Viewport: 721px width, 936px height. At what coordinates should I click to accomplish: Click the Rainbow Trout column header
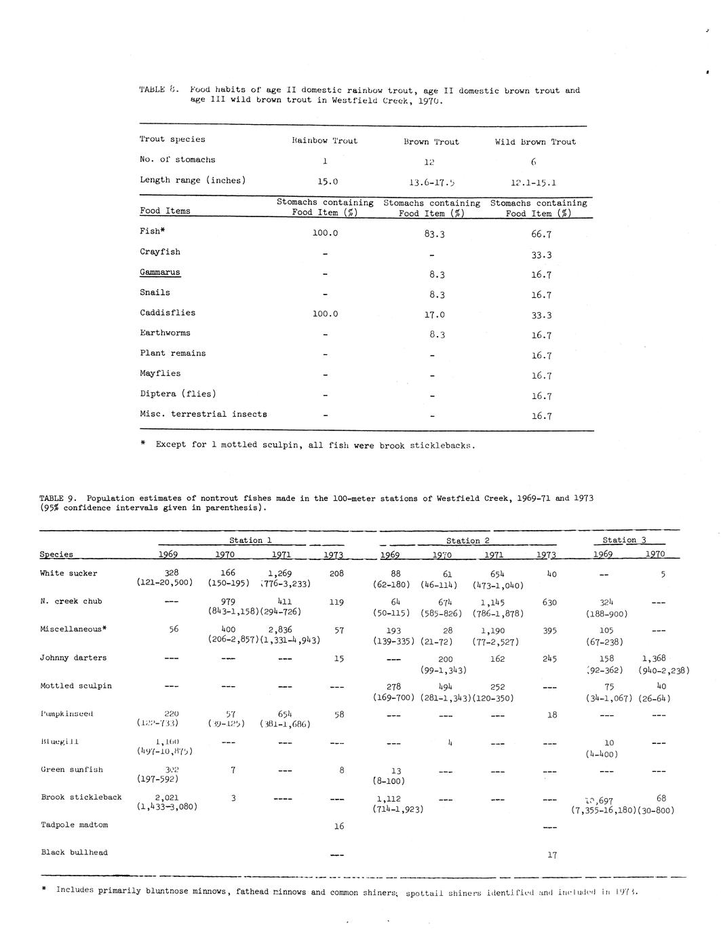[324, 141]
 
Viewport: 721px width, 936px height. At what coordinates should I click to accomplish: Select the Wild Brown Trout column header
[535, 142]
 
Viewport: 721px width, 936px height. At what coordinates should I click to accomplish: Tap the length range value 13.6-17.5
[431, 182]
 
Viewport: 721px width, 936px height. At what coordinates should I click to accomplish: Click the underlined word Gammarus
[160, 272]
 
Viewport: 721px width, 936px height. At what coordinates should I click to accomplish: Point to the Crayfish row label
[160, 252]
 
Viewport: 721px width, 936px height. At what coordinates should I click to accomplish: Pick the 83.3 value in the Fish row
[431, 234]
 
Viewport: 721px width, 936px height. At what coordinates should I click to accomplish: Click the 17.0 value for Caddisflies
[431, 315]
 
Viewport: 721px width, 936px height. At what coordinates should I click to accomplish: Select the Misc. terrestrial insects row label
[203, 414]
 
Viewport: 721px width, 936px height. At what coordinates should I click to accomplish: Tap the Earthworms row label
[165, 333]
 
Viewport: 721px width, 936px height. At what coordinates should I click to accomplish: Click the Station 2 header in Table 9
[467, 541]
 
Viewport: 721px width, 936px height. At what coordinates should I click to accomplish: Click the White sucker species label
[69, 574]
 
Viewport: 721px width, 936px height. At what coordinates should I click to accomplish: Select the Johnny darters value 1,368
[653, 658]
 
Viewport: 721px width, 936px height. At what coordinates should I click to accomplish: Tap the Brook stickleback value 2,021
[167, 798]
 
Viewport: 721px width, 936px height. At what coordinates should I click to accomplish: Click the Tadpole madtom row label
[74, 825]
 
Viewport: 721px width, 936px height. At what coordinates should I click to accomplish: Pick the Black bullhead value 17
[552, 855]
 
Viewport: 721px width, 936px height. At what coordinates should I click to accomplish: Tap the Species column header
[56, 555]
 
